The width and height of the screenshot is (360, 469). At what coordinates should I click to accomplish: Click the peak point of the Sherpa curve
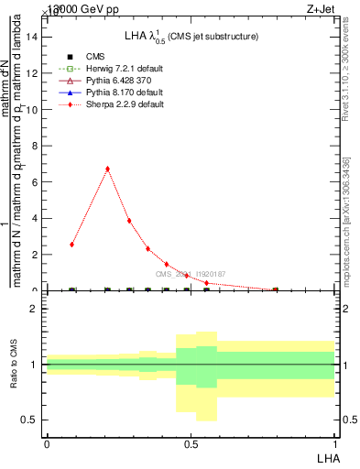pyautogui.click(x=108, y=169)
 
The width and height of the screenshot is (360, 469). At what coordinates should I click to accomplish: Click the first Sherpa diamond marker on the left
pyautogui.click(x=72, y=245)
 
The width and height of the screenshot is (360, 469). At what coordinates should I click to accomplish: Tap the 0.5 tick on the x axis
pyautogui.click(x=191, y=443)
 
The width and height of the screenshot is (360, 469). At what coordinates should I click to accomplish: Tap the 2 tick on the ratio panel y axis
pyautogui.click(x=34, y=309)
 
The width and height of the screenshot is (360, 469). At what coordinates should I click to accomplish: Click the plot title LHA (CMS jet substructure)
pyautogui.click(x=191, y=36)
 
